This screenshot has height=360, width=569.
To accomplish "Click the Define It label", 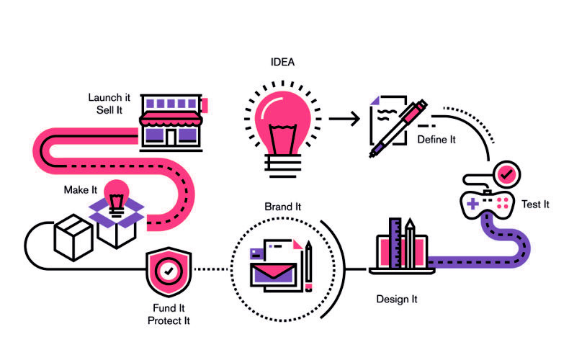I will coord(436,139).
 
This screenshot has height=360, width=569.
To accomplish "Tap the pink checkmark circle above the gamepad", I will coord(507,174).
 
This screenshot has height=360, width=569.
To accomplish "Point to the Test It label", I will coord(535,204).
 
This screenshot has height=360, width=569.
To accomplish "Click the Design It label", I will coord(397,299).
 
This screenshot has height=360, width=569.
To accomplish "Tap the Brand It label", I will coord(282,207).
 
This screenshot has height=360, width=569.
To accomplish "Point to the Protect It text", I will coord(169,320).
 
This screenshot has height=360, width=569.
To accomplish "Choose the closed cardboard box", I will coord(73,234).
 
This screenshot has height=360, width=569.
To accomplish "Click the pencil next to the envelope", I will coord(308,266).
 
